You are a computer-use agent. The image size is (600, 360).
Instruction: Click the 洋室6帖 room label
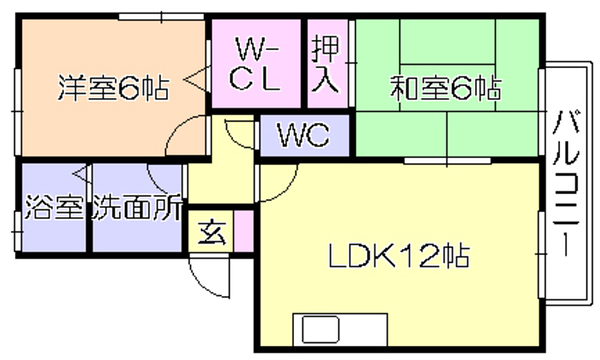113,88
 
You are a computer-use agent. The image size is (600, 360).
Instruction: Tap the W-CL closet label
255,64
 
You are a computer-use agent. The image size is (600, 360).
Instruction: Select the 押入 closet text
325,64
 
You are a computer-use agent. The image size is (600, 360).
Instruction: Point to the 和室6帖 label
446,88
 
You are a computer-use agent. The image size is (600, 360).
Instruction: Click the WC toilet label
304,135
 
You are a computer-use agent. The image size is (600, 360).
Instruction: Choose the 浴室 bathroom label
54,207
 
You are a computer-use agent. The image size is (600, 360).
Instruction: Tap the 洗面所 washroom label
137,207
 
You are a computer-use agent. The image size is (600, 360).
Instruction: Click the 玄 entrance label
212,232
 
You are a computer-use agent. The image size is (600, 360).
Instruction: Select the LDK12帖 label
399,256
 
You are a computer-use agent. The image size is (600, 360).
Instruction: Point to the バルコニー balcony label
566,183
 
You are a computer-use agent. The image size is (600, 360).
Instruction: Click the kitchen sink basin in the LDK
321,329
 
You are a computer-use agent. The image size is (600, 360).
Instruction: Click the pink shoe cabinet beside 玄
244,231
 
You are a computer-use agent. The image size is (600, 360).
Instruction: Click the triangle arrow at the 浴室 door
81,174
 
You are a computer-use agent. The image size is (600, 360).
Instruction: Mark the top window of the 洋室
161,17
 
